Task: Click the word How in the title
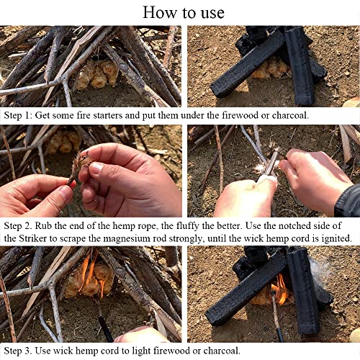[x=157, y=12]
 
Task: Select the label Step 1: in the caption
[x=19, y=114]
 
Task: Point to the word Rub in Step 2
[x=55, y=225]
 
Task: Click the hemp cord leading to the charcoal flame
[x=276, y=317]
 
